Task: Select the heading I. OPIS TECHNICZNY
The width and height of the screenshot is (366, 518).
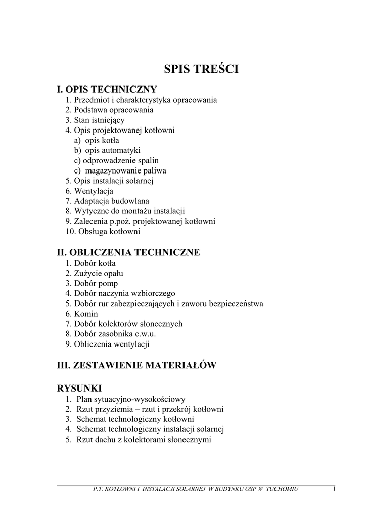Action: [x=107, y=89]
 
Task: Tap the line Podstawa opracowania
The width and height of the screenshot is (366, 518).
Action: [x=109, y=110]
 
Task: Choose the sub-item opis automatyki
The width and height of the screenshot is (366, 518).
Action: [x=107, y=150]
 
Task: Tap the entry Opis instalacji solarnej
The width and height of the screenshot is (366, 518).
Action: [x=109, y=181]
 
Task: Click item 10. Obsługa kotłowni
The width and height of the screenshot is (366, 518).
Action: [x=103, y=232]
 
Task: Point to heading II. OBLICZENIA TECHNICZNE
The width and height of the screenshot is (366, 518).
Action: [x=128, y=252]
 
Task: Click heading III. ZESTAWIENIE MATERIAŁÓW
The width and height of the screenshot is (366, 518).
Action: [x=136, y=365]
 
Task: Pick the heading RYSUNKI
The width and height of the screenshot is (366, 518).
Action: [x=79, y=388]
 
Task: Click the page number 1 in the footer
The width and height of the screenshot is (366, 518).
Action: [x=335, y=489]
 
